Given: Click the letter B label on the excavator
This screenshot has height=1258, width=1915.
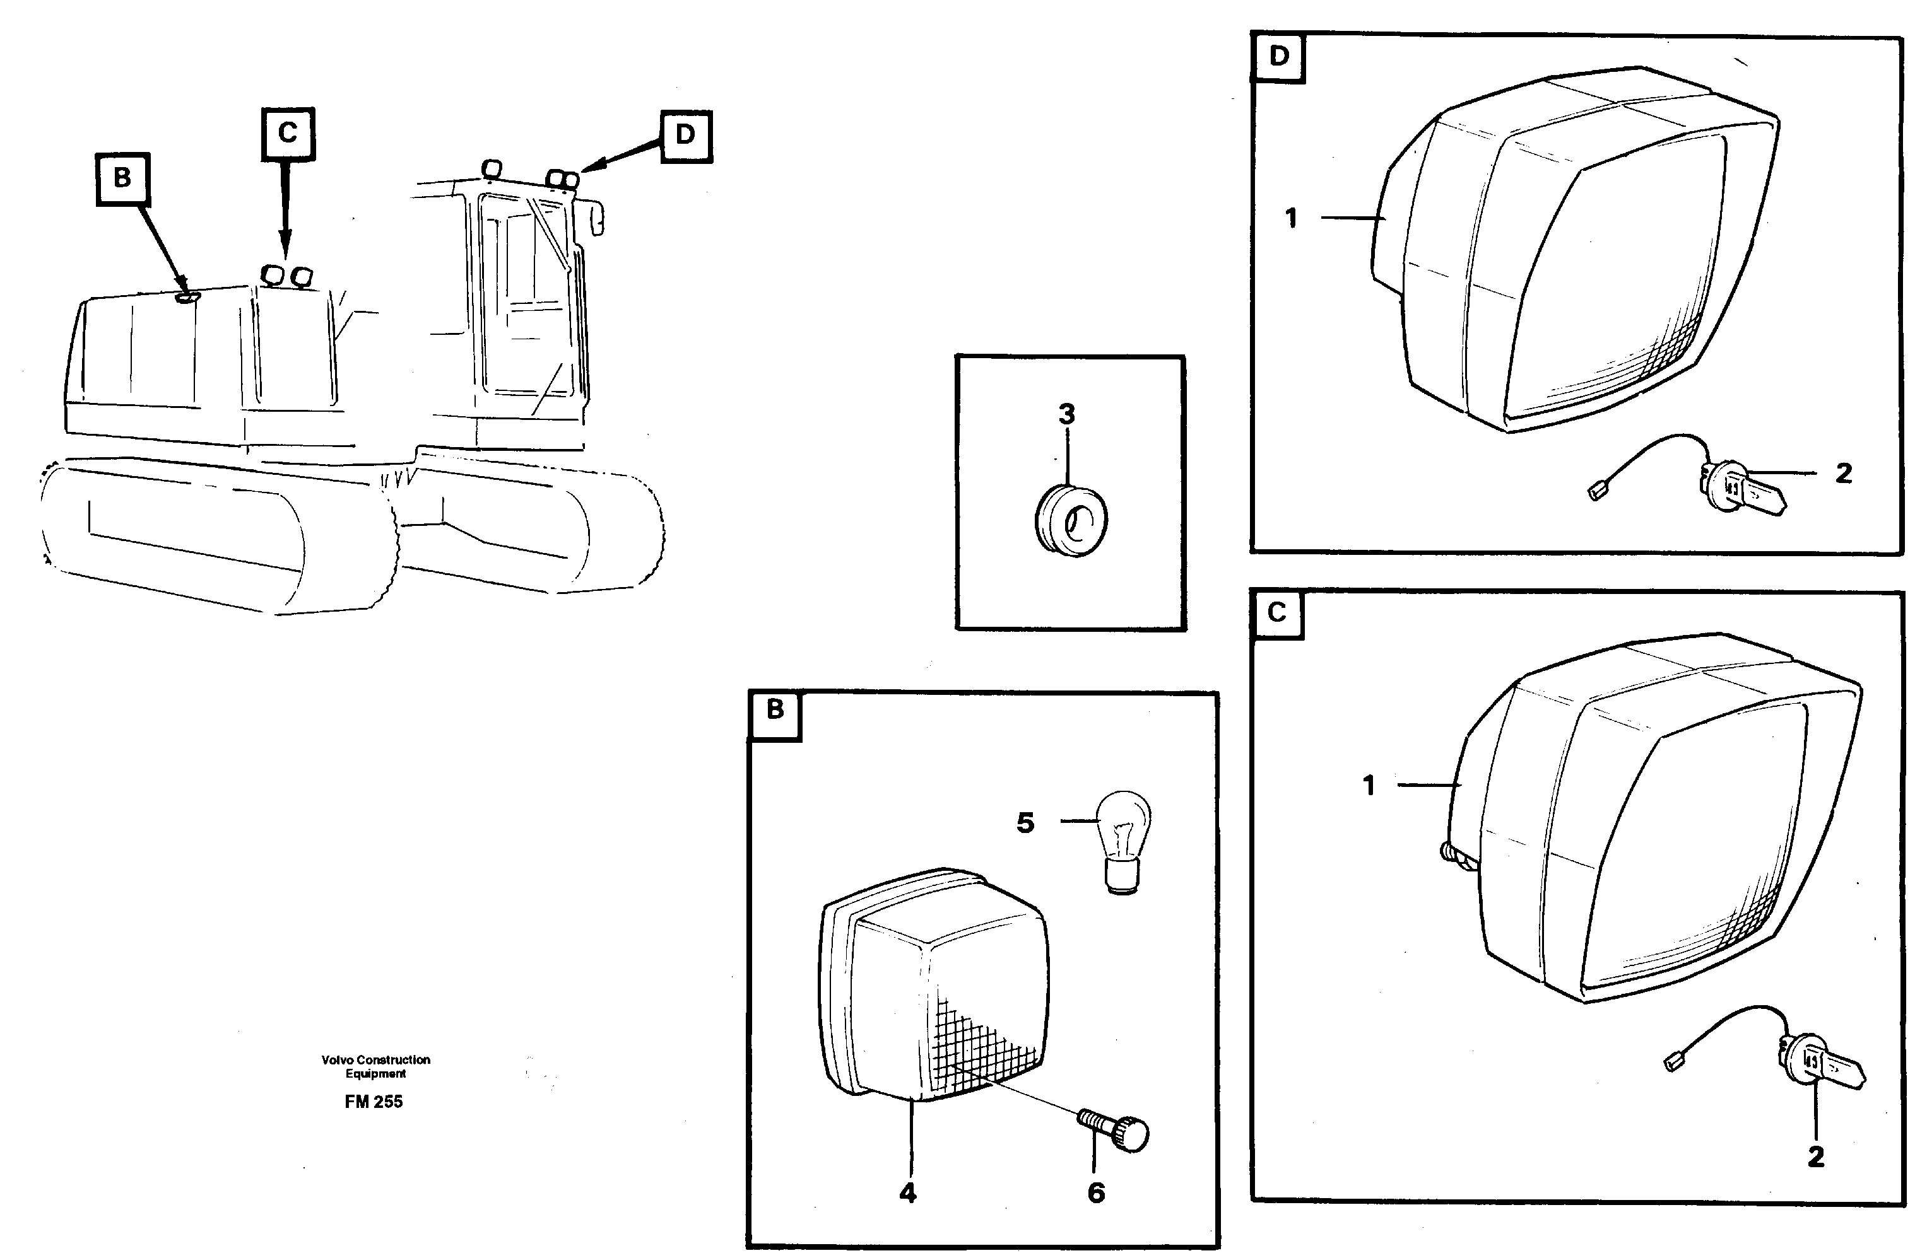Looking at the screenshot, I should point(122,178).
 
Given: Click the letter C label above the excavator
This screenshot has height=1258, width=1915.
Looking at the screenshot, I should point(287,132).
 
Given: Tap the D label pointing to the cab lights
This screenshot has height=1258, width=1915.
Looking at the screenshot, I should point(685,134).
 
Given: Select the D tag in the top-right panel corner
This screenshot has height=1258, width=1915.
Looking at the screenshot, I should point(1278,56).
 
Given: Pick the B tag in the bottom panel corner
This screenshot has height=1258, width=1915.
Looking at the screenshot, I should point(774,709).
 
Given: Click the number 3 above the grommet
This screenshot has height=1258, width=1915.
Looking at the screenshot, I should point(1066,414).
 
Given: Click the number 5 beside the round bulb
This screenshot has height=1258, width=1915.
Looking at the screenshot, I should point(1024,823).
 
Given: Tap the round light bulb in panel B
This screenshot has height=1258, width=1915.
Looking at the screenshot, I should point(1124,837).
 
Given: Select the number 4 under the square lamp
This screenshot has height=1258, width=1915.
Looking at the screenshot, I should point(907,1193).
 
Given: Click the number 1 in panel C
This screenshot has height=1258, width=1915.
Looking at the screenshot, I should point(1369,785).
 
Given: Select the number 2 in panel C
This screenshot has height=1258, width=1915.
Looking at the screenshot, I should point(1816,1156).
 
